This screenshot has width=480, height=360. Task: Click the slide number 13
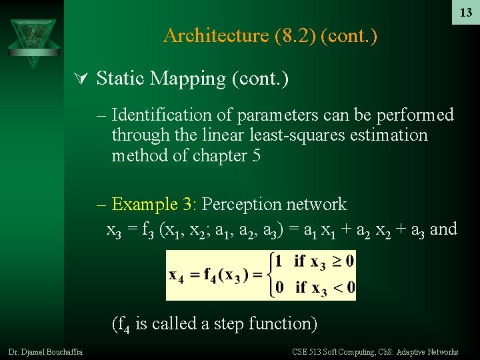[x=465, y=13]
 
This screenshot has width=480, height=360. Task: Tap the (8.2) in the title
[x=294, y=35]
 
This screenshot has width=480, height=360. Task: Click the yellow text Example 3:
[x=154, y=204]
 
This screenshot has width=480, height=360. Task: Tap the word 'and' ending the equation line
[x=443, y=229]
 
